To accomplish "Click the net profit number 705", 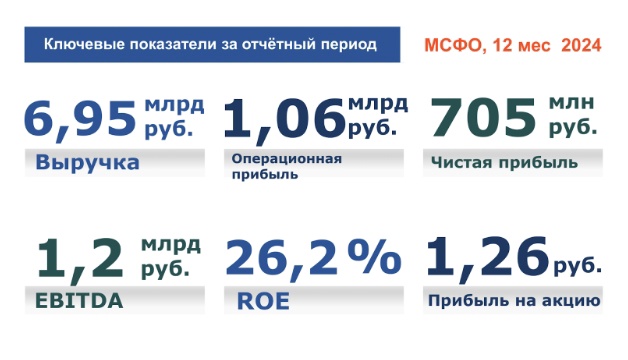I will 480,119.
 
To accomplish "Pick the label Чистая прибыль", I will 491,161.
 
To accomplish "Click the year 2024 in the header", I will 580,46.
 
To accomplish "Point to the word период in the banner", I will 349,45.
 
